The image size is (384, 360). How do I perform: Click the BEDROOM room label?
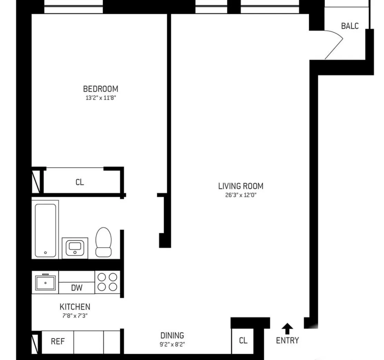pyautogui.click(x=101, y=89)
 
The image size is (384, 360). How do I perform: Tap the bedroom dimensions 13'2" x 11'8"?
pyautogui.click(x=101, y=98)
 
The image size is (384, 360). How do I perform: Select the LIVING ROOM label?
pyautogui.click(x=240, y=186)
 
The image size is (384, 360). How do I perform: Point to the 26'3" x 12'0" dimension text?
pyautogui.click(x=240, y=195)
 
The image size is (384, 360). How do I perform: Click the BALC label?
pyautogui.click(x=349, y=26)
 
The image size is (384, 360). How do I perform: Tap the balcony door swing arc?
pyautogui.click(x=334, y=43)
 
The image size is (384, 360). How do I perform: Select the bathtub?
pyautogui.click(x=46, y=230)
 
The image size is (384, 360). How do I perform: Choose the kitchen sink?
pyautogui.click(x=45, y=282)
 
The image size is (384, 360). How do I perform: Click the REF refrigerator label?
pyautogui.click(x=57, y=341)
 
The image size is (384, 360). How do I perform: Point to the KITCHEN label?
pyautogui.click(x=75, y=307)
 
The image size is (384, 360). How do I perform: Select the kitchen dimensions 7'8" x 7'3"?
pyautogui.click(x=75, y=315)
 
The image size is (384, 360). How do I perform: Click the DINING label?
pyautogui.click(x=172, y=335)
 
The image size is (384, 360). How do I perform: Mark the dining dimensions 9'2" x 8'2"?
pyautogui.click(x=172, y=343)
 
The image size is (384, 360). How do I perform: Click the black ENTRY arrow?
pyautogui.click(x=287, y=329)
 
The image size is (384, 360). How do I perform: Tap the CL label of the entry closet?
pyautogui.click(x=243, y=341)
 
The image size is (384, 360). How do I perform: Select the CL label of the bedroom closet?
pyautogui.click(x=80, y=182)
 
